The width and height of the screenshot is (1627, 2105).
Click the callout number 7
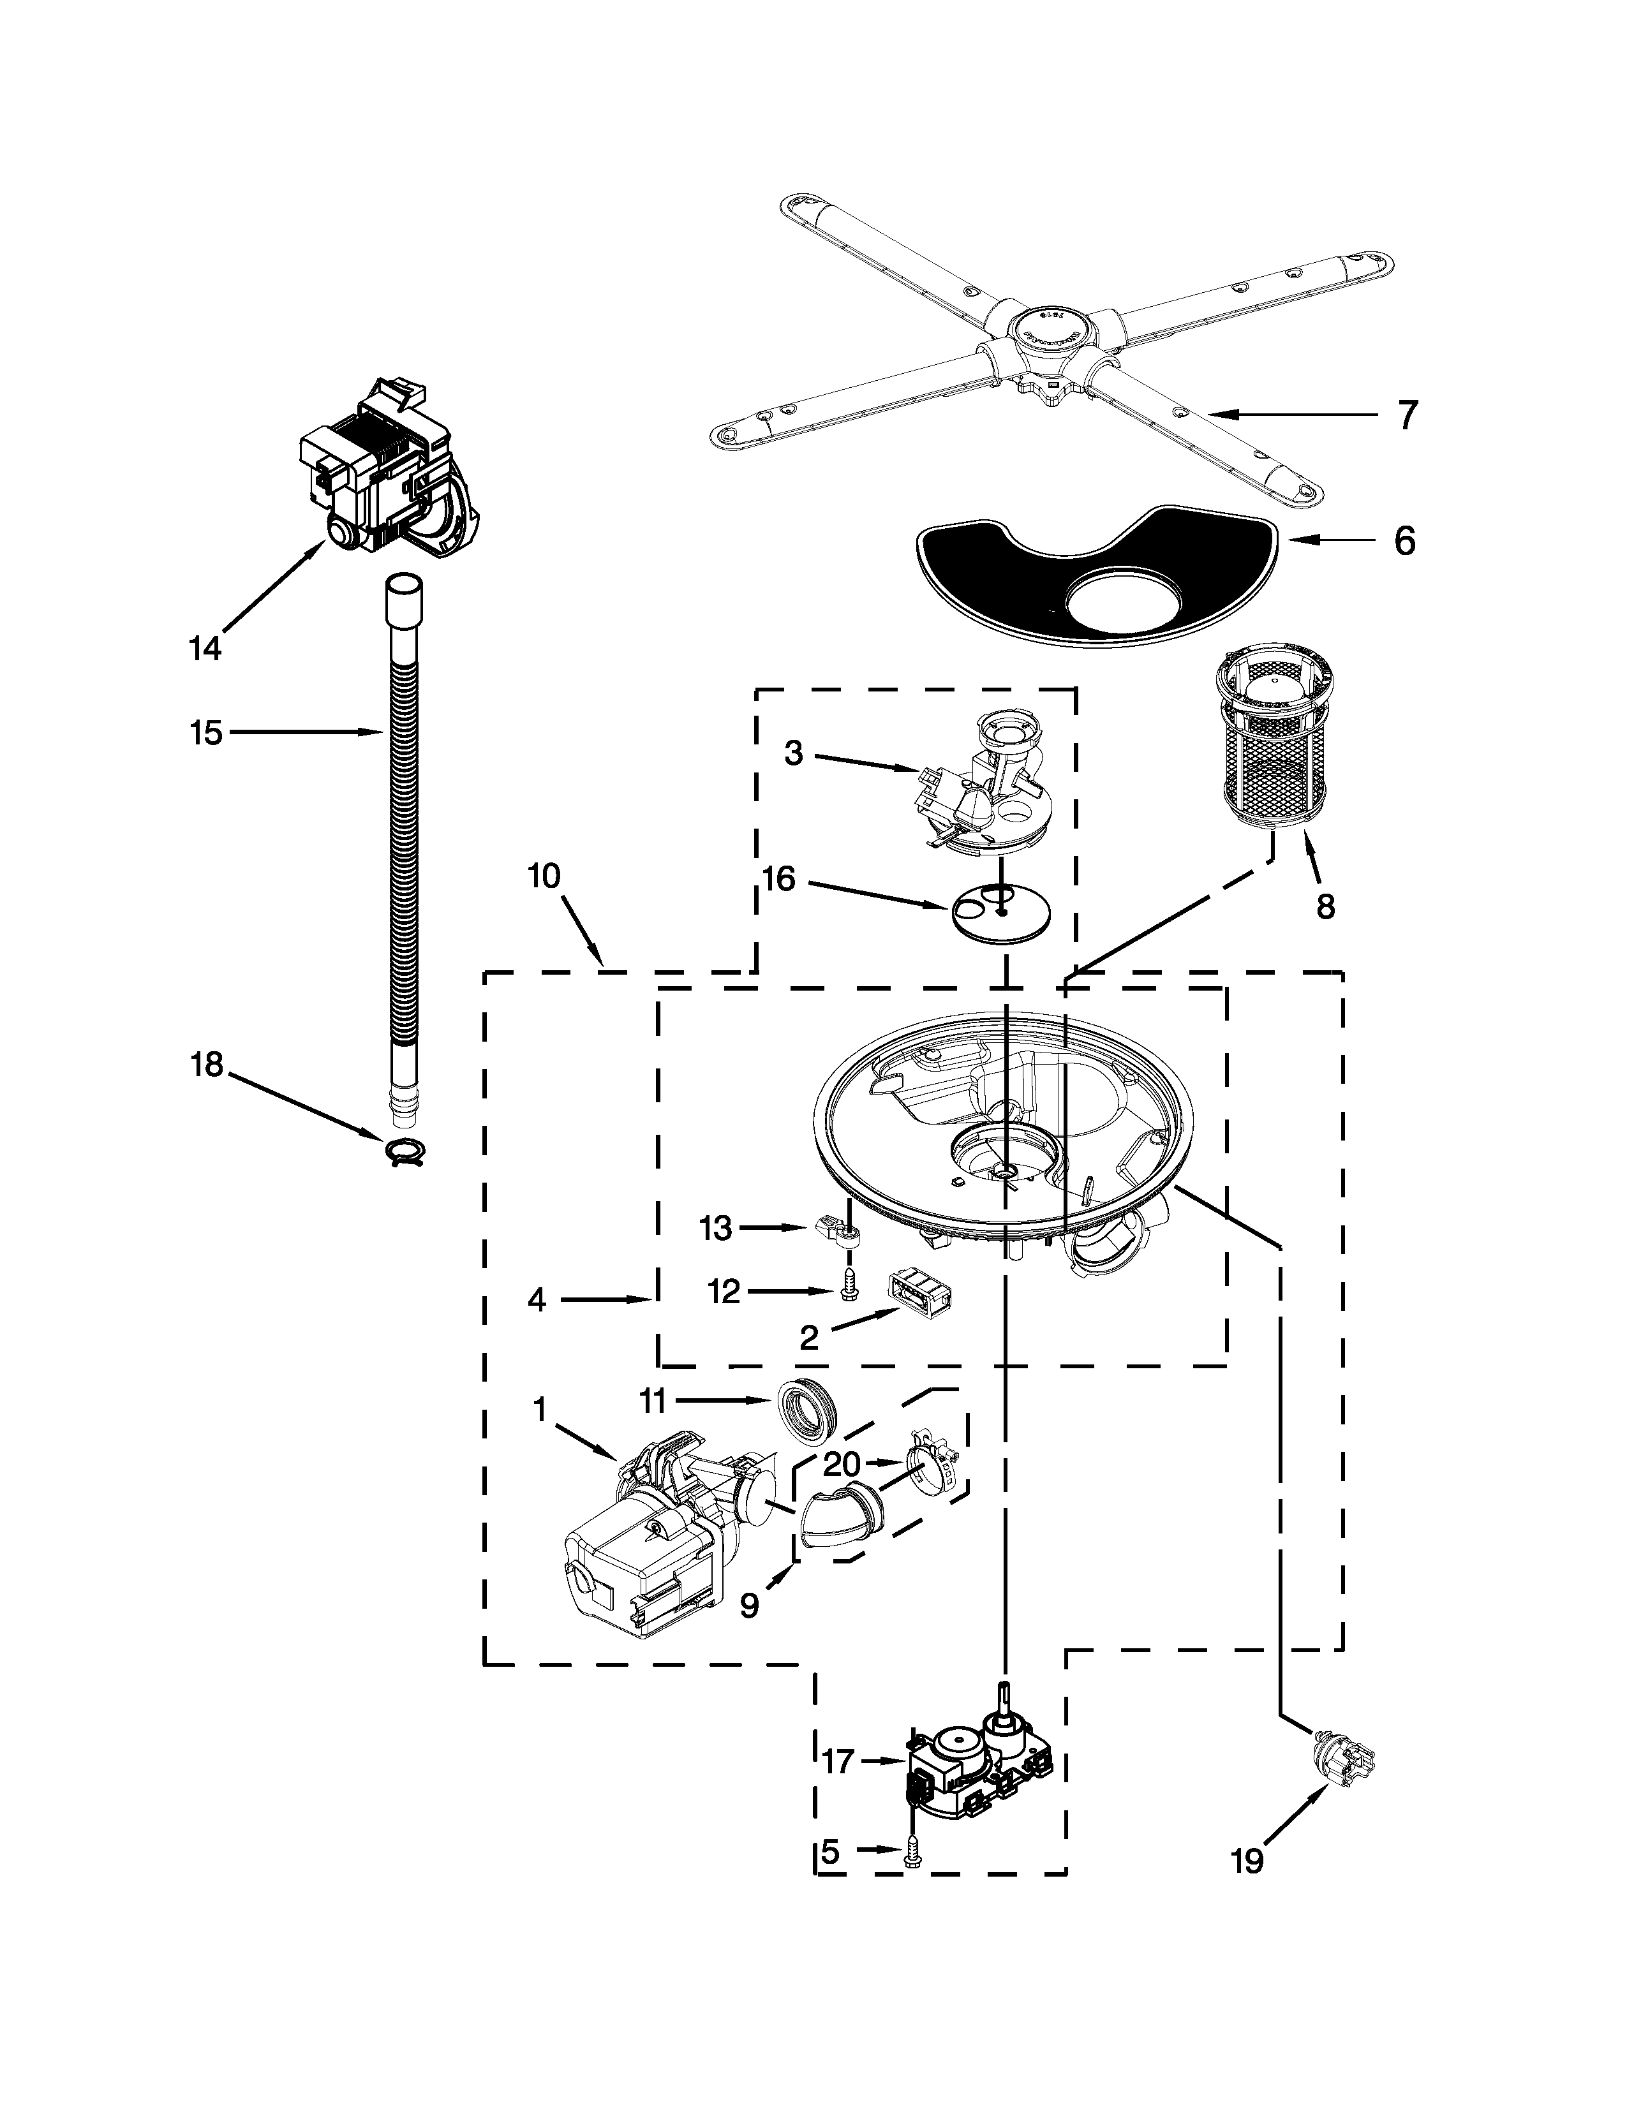[x=1408, y=415]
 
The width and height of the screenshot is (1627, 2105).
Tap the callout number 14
[x=204, y=649]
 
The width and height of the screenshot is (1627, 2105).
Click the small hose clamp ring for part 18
[x=407, y=1150]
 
